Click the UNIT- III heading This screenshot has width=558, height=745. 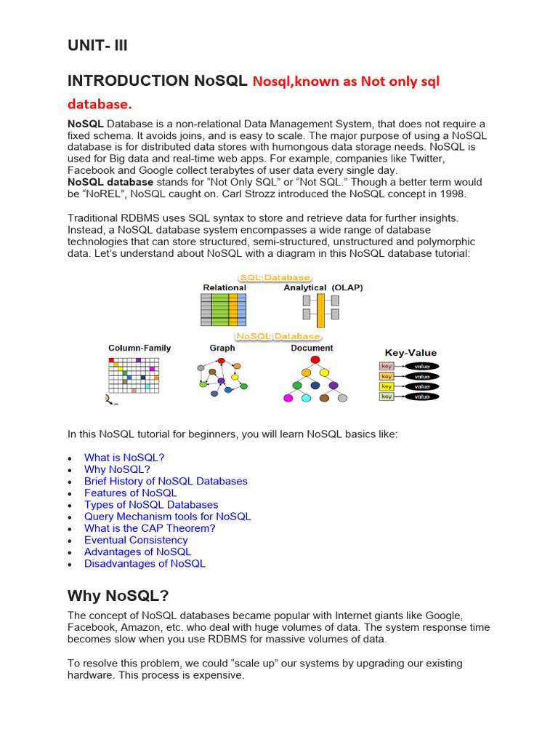click(x=98, y=47)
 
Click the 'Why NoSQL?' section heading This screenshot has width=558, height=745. click(x=118, y=596)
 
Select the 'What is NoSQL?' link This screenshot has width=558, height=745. click(x=124, y=458)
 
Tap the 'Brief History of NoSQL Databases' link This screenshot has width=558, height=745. click(x=166, y=481)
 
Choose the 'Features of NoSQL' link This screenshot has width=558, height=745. click(x=130, y=493)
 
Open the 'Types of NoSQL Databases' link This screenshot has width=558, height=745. click(x=151, y=504)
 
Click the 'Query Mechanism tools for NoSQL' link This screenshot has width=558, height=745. click(x=167, y=517)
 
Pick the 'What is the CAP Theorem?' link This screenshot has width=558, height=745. click(x=150, y=528)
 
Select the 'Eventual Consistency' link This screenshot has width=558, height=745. click(x=136, y=540)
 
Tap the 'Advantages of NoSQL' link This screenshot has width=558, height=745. click(x=137, y=551)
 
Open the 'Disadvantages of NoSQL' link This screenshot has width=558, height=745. click(x=145, y=563)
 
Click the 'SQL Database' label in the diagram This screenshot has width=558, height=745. click(x=275, y=277)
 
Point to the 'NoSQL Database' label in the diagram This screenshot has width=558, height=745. click(x=278, y=336)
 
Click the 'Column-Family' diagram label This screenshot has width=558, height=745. click(x=139, y=348)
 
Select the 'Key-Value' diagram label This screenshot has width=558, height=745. click(x=411, y=352)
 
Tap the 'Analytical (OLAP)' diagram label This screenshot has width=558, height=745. click(x=323, y=287)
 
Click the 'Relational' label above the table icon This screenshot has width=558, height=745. click(x=225, y=287)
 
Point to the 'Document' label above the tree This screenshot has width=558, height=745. click(x=312, y=348)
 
